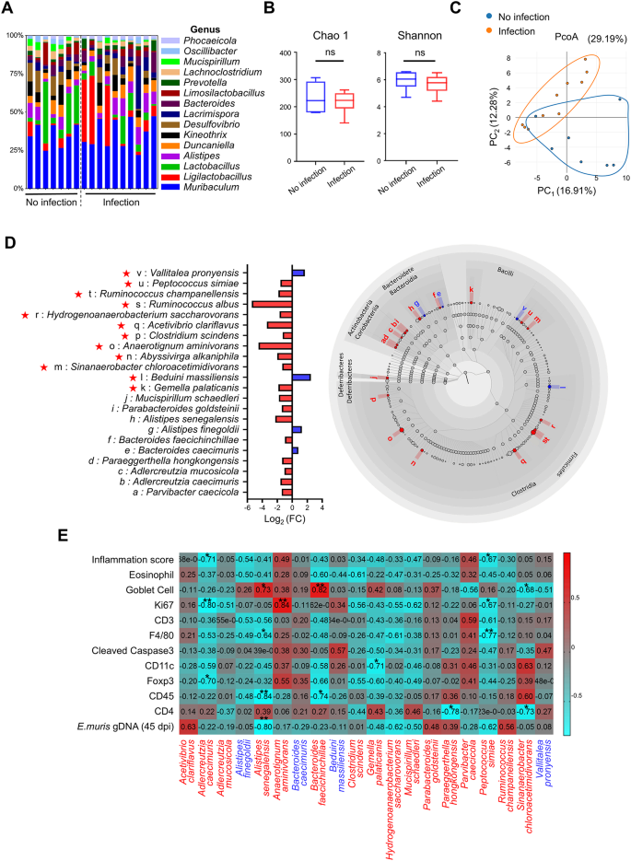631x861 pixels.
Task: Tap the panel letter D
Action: click(x=10, y=244)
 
